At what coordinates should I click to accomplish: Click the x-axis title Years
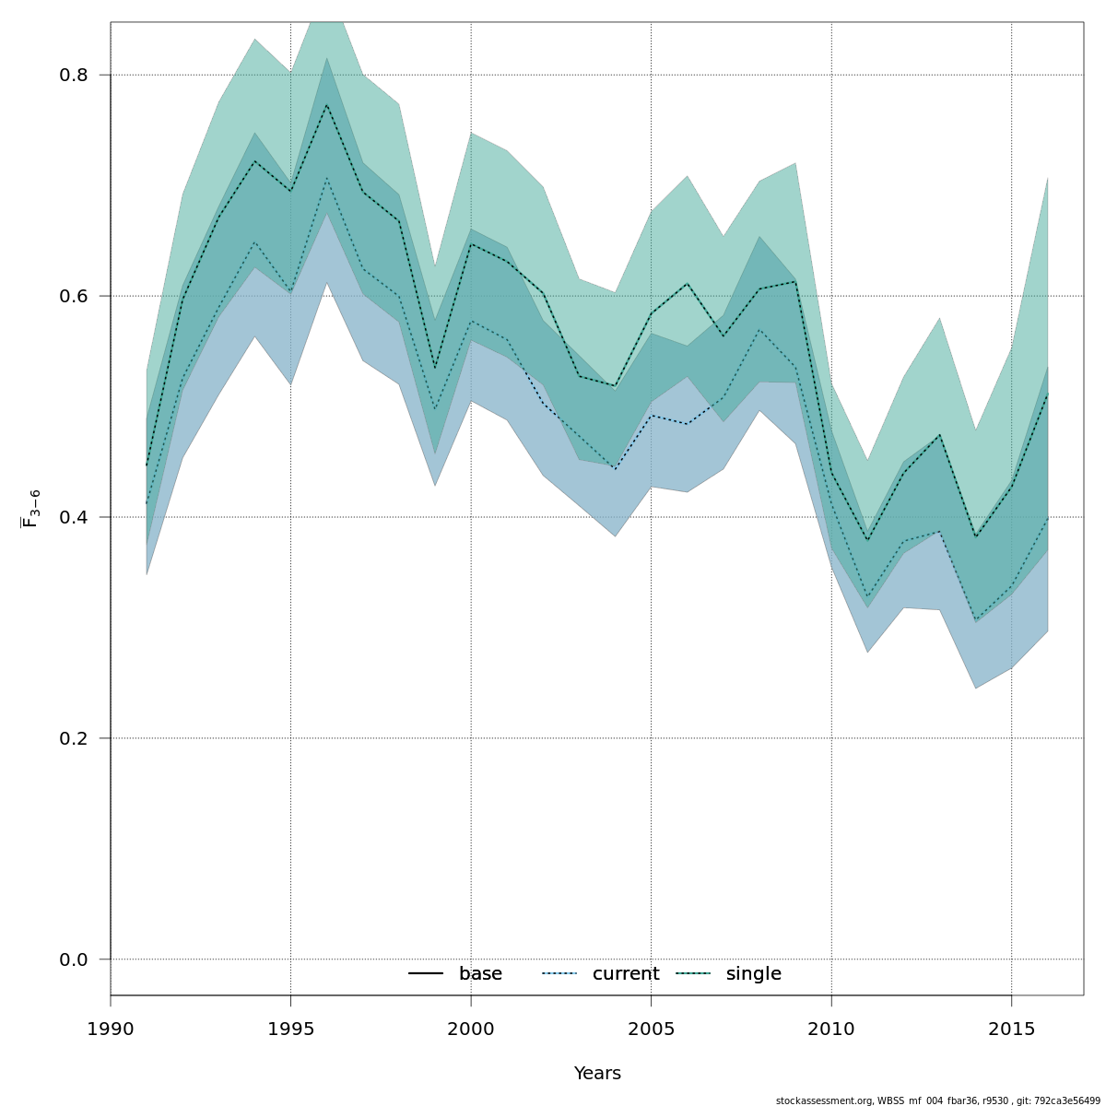click(597, 1074)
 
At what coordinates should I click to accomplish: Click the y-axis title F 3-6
click(31, 508)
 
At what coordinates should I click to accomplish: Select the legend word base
click(480, 974)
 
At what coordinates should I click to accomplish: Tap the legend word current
click(626, 974)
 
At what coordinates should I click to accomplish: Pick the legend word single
click(753, 974)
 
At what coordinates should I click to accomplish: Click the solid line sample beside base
click(427, 974)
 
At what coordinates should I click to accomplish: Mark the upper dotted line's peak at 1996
click(326, 104)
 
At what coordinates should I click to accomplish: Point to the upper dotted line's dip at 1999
click(435, 369)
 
